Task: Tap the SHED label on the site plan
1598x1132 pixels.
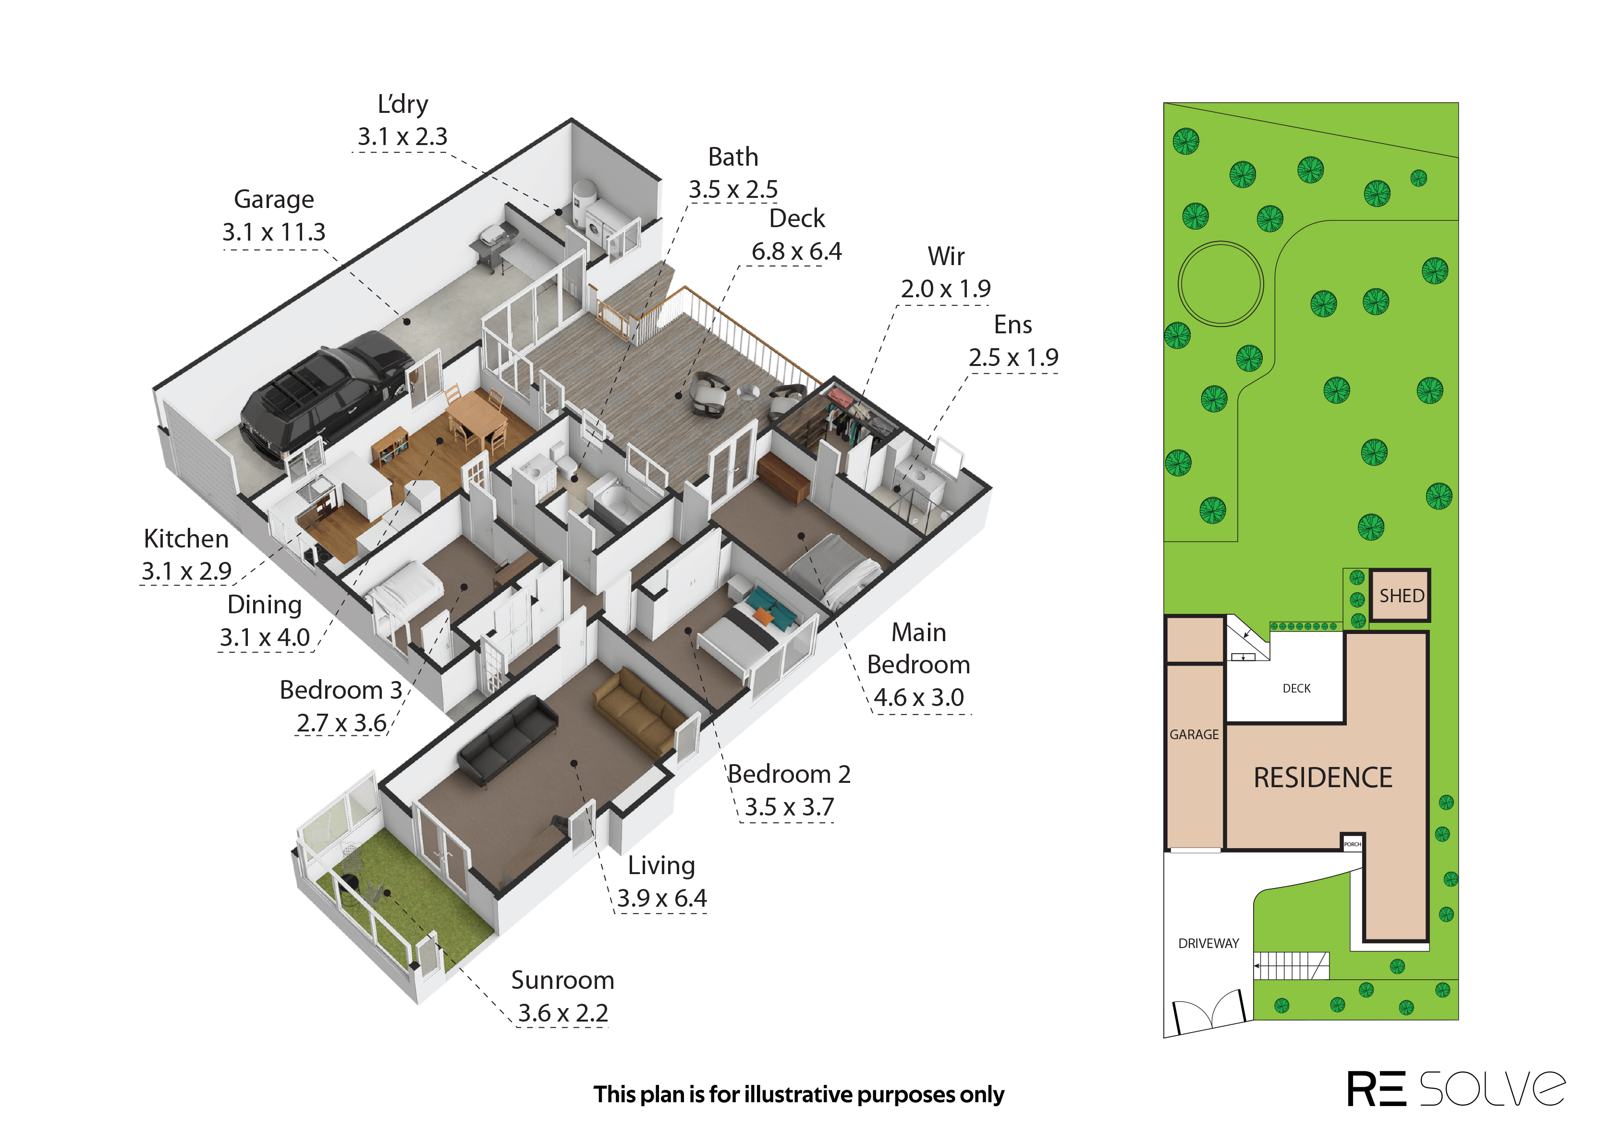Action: (x=1402, y=596)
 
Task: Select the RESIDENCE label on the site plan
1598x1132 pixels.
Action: (x=1323, y=778)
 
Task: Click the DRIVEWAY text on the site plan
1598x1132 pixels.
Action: (x=1208, y=943)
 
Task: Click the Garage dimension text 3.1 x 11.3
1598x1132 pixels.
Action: (x=274, y=232)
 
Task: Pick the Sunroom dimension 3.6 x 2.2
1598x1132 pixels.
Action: (x=563, y=1013)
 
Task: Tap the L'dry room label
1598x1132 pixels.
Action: (x=403, y=105)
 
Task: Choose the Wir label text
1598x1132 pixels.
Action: (x=946, y=256)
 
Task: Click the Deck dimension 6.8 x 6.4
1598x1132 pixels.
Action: (x=796, y=252)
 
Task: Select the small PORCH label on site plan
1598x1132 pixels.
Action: (x=1352, y=844)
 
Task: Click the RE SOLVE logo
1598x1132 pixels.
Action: (x=1456, y=1089)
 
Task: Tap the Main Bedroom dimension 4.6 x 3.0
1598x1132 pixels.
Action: (x=918, y=698)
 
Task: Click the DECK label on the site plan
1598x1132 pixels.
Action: (x=1296, y=689)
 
